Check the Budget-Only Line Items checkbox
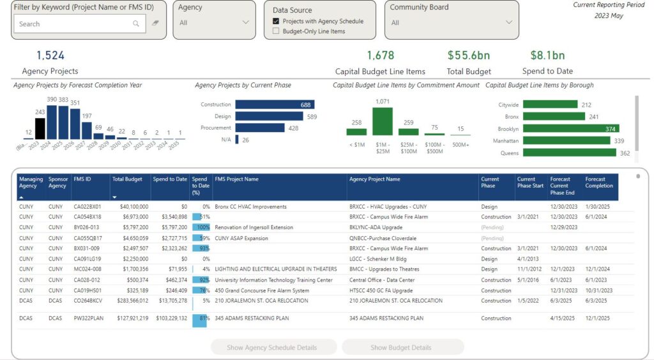(x=276, y=31)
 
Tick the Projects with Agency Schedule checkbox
(x=276, y=21)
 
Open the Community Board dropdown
(x=452, y=22)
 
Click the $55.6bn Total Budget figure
(x=469, y=56)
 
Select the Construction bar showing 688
(x=275, y=105)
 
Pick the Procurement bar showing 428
(x=259, y=128)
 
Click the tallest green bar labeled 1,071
(x=382, y=121)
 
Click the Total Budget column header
(x=127, y=179)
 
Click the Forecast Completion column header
(x=599, y=183)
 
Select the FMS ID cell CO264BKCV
(x=88, y=301)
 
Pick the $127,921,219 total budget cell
(x=130, y=318)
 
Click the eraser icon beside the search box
(x=155, y=24)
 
